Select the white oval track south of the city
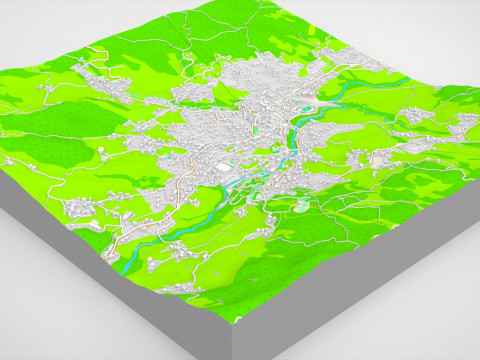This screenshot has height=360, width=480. [301, 208]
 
